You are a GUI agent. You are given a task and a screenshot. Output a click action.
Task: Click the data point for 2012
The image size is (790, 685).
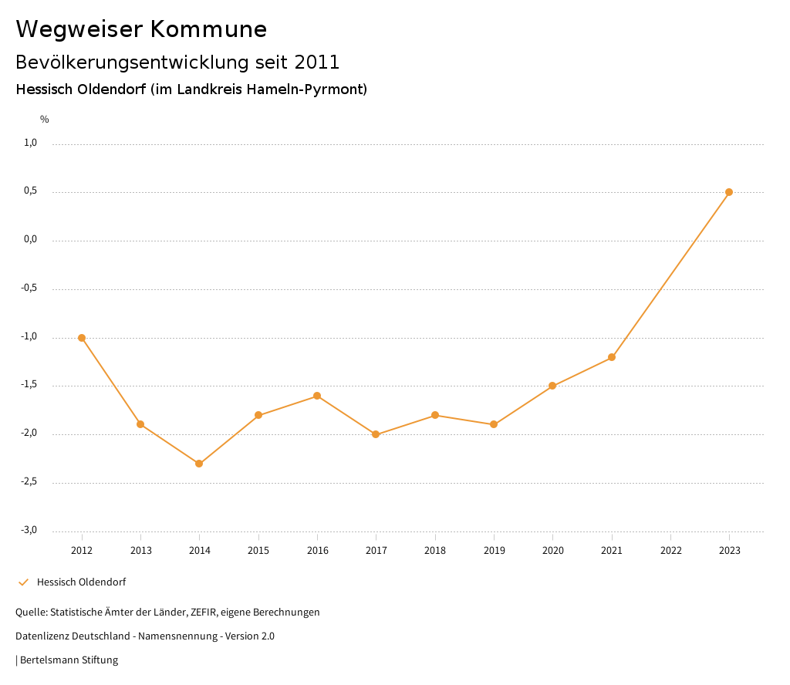tap(82, 338)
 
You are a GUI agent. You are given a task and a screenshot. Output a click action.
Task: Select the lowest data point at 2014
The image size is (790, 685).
tap(199, 464)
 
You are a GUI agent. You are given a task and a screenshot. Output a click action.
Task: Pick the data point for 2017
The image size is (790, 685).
tap(376, 434)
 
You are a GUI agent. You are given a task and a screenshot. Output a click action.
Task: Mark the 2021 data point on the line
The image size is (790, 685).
tap(612, 357)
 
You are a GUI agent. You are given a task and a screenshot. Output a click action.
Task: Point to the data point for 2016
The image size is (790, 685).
tap(317, 396)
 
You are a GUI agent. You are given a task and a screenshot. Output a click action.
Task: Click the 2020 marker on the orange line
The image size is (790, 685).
tap(552, 386)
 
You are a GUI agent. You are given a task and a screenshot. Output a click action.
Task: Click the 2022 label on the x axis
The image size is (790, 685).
tap(670, 551)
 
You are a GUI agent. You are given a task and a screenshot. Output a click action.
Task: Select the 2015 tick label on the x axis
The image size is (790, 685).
tap(258, 551)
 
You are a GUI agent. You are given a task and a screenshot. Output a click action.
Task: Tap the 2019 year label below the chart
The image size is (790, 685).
tap(494, 551)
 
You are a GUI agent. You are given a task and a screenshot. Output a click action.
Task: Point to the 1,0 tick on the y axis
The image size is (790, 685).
tap(31, 143)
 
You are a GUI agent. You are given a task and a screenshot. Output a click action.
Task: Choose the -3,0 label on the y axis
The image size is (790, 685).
tap(29, 530)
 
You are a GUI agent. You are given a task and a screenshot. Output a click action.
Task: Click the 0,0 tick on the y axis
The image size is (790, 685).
tap(31, 239)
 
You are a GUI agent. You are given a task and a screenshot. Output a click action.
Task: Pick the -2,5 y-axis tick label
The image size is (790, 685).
tap(29, 481)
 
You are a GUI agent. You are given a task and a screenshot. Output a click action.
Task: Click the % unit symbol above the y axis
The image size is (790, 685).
tap(45, 120)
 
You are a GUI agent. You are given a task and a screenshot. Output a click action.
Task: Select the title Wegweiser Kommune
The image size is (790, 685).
tap(141, 29)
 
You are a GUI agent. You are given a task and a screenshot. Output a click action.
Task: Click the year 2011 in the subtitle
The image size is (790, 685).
tap(318, 62)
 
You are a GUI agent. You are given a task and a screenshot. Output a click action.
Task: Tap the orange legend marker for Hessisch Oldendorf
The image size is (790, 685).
tap(23, 582)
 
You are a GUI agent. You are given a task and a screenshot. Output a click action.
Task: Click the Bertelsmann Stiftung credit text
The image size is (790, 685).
tap(69, 660)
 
